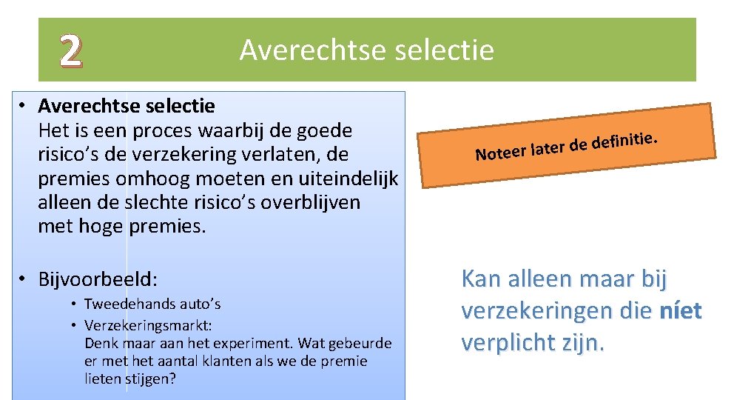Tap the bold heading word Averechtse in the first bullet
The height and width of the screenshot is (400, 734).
pos(83,106)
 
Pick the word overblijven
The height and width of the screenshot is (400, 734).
pos(304,202)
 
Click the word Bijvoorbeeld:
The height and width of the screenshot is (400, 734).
pos(98,279)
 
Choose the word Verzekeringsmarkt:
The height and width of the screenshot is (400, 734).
pos(148,325)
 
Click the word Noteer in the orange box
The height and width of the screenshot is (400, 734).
pos(499,153)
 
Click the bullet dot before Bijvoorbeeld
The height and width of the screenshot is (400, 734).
pos(24,279)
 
